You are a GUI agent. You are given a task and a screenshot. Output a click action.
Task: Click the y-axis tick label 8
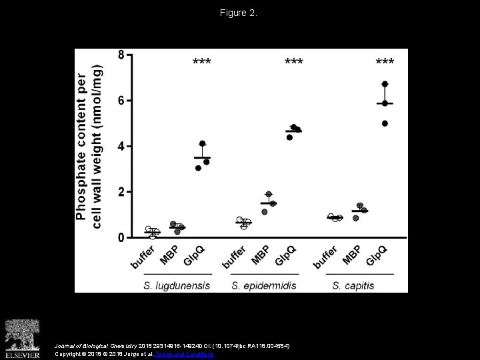pyautogui.click(x=121, y=55)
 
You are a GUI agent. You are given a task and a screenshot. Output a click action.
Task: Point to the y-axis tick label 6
pyautogui.click(x=121, y=101)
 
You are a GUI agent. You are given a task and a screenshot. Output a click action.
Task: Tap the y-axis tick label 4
pyautogui.click(x=121, y=146)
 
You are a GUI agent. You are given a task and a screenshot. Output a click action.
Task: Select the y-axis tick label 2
pyautogui.click(x=121, y=192)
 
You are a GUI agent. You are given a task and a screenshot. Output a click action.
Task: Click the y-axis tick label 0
pyautogui.click(x=121, y=237)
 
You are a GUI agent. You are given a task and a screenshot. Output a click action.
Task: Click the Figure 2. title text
pyautogui.click(x=240, y=13)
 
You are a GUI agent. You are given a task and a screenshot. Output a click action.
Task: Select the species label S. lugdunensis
pyautogui.click(x=177, y=285)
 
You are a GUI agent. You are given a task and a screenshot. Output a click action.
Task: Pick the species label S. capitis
pyautogui.click(x=353, y=285)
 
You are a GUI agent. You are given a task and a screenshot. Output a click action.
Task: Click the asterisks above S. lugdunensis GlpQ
pyautogui.click(x=202, y=63)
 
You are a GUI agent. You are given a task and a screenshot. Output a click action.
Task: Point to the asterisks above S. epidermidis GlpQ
pyautogui.click(x=294, y=63)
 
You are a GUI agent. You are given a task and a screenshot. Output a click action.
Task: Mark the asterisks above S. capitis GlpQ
pyautogui.click(x=385, y=63)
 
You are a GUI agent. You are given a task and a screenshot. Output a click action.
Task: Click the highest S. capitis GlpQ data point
pyautogui.click(x=385, y=84)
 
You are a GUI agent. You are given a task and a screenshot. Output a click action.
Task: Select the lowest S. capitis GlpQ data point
pyautogui.click(x=385, y=123)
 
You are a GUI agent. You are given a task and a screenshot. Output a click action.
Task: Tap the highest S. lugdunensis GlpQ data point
pyautogui.click(x=203, y=144)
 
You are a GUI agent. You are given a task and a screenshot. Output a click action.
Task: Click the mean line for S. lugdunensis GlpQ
pyautogui.click(x=202, y=157)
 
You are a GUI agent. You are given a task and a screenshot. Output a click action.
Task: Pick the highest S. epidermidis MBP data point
pyautogui.click(x=269, y=194)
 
